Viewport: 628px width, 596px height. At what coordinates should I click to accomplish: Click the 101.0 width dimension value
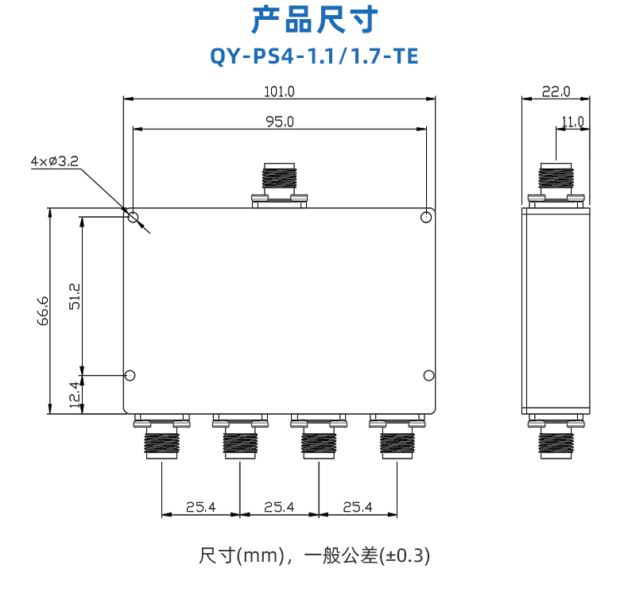click(279, 91)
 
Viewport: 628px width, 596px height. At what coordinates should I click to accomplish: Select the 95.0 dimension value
click(280, 122)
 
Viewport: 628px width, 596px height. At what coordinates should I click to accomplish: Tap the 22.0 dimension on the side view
click(556, 91)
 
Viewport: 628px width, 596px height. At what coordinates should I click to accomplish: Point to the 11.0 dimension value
click(572, 122)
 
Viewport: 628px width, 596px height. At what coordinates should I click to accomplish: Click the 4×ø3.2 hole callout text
click(55, 161)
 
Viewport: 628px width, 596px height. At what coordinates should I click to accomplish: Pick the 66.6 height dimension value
click(43, 311)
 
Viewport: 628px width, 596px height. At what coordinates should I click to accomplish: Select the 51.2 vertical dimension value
click(75, 296)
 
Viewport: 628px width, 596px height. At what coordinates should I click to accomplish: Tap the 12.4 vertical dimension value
click(75, 394)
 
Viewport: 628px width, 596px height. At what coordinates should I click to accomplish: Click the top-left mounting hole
click(133, 218)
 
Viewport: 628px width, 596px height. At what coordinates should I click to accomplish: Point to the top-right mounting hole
click(426, 218)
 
